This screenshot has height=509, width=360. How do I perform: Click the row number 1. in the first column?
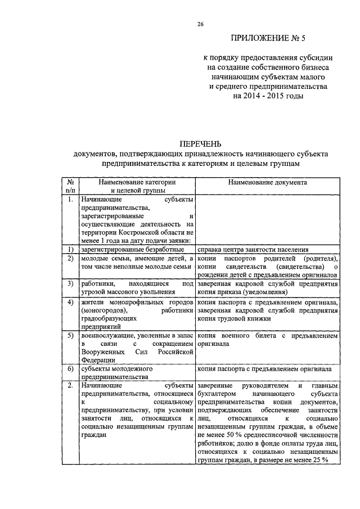coord(69,200)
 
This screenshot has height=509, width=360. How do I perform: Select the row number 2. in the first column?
coord(69,386)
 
